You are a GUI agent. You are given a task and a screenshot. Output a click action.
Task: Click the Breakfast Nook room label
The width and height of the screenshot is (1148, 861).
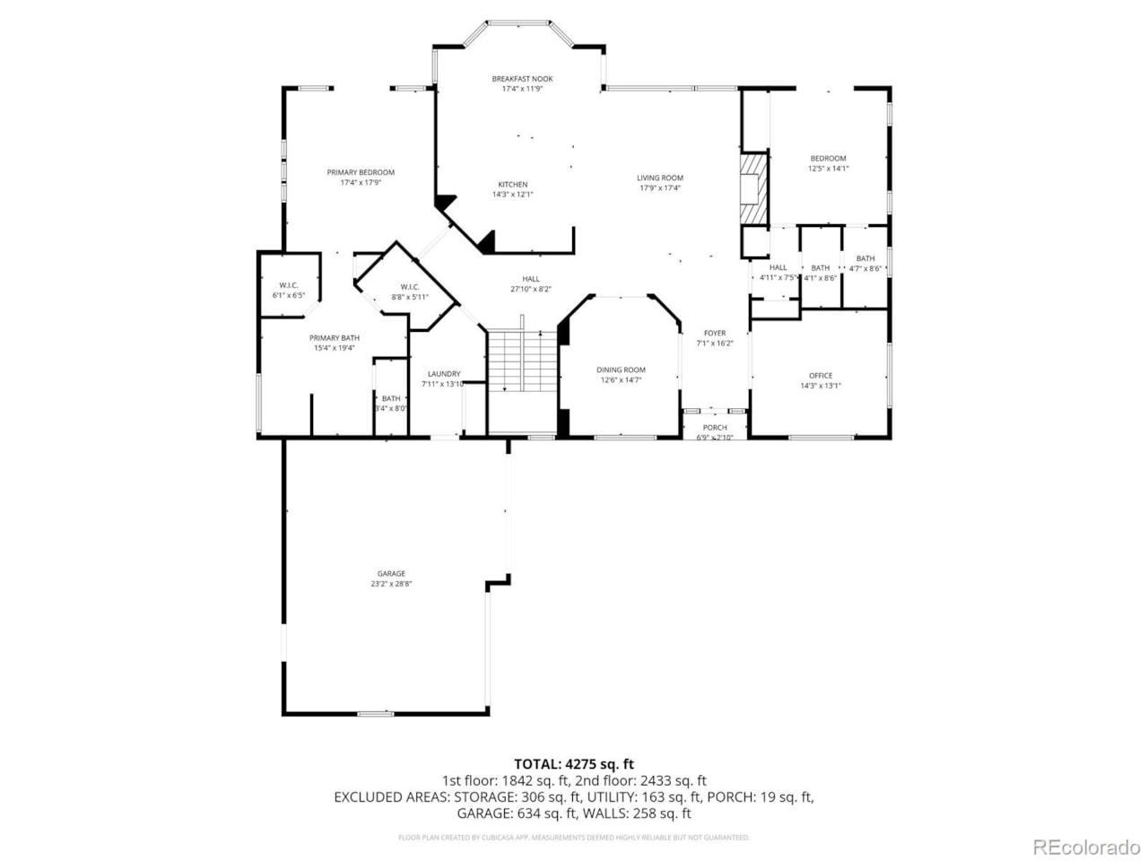522,79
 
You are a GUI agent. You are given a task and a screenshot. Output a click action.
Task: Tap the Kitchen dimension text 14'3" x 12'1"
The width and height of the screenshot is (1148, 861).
513,195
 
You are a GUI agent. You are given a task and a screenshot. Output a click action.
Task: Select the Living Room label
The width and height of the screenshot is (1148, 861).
660,178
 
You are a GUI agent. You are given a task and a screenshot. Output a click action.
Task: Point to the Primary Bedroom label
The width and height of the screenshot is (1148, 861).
361,172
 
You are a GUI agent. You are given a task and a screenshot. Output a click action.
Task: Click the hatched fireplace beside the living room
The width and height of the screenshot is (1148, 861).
754,190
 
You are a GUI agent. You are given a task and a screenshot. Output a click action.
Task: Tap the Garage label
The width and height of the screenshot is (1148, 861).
391,573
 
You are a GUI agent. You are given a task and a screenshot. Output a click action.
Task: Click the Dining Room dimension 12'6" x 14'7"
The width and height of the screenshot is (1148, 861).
621,380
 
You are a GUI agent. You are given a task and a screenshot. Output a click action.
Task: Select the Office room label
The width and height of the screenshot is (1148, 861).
821,376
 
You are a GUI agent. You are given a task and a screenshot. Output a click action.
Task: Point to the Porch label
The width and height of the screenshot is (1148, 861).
715,428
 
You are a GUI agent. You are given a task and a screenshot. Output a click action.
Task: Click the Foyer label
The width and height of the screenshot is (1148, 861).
715,333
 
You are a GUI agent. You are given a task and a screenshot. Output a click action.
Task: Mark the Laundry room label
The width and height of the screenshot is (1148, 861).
444,374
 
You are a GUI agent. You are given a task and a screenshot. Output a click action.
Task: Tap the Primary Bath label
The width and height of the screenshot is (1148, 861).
335,338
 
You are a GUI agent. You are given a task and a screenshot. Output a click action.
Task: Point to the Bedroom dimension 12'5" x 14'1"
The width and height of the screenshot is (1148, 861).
828,169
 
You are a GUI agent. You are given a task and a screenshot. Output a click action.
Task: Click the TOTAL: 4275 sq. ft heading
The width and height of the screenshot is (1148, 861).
574,764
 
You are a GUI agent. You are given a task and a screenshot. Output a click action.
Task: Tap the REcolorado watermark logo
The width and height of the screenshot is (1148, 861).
1086,847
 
